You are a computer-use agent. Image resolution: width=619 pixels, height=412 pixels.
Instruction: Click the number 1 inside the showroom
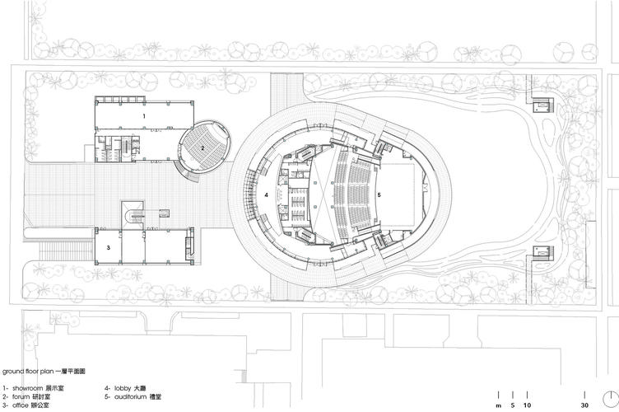(144, 116)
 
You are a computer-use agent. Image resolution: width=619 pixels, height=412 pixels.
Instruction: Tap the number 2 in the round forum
(202, 148)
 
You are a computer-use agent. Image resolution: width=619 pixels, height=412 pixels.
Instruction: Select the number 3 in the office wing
(108, 248)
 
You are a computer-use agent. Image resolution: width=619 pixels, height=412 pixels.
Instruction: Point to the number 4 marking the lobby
(267, 194)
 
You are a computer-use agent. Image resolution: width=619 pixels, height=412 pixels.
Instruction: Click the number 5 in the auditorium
(379, 194)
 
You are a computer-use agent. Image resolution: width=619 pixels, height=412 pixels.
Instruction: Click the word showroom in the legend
(27, 388)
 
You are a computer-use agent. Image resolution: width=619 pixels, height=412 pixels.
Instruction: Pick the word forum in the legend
(21, 396)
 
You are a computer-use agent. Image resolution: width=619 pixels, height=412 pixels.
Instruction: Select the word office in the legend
(20, 405)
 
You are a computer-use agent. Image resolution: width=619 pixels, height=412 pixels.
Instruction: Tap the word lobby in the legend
(123, 388)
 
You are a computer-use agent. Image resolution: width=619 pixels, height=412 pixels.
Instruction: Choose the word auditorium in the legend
(131, 396)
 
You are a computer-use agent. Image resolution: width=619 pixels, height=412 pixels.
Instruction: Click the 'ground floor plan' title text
(28, 372)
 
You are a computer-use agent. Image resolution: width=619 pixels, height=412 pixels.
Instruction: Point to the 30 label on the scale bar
(584, 405)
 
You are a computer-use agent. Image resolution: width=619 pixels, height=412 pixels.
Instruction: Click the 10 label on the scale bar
(528, 405)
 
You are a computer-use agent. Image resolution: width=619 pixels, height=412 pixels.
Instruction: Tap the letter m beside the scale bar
(499, 405)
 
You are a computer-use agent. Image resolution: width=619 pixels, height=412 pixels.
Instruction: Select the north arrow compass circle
(611, 400)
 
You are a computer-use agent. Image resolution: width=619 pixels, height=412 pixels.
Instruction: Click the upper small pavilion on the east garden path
(544, 105)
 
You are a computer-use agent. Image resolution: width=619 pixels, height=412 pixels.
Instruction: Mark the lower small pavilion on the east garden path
(544, 250)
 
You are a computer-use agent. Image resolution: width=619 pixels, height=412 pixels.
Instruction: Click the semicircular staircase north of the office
(132, 216)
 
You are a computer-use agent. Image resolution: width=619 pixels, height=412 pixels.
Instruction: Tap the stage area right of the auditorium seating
(398, 194)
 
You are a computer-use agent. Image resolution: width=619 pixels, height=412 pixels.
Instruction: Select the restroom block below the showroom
(117, 148)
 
